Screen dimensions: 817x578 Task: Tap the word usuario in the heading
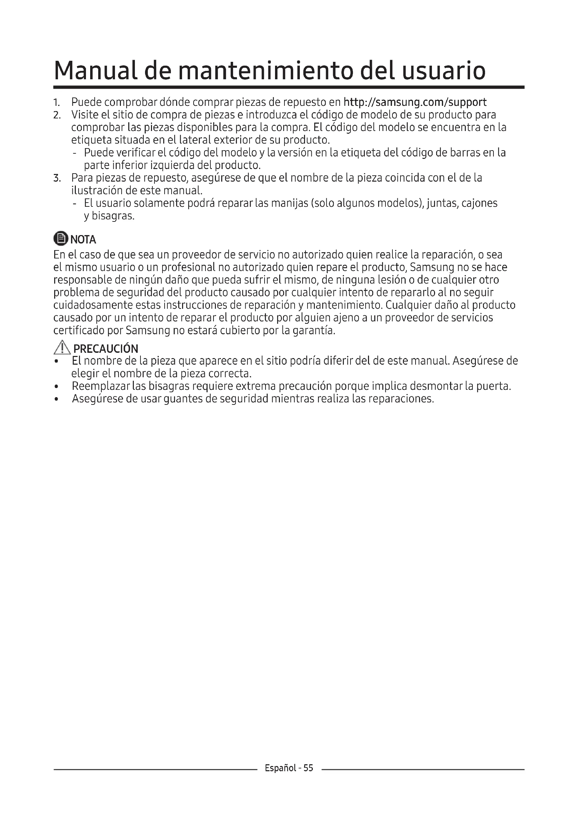tap(444, 71)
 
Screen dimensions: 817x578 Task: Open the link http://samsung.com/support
tap(415, 102)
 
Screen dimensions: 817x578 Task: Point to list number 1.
tap(56, 103)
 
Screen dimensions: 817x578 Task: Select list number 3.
tap(57, 178)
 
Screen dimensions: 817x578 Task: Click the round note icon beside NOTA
tap(60, 239)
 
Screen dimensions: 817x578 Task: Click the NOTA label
tap(83, 240)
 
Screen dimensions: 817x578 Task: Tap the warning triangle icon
tap(62, 348)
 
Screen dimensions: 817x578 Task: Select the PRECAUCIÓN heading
tap(106, 348)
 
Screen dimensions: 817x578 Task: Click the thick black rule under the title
tap(289, 87)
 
